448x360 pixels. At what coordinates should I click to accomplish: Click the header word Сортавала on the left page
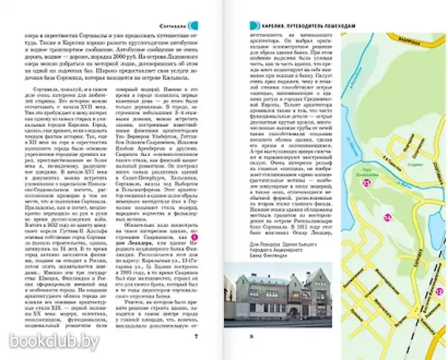click(x=173, y=26)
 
